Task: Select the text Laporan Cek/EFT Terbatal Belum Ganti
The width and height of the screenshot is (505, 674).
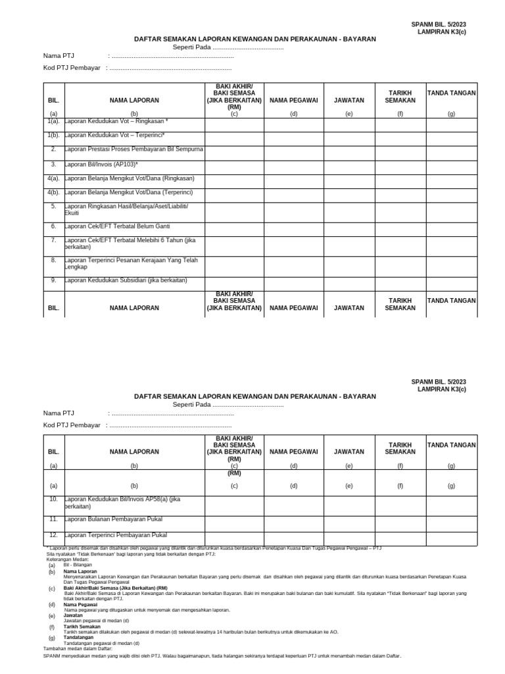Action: [x=117, y=226]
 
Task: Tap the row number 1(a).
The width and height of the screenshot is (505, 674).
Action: [x=54, y=121]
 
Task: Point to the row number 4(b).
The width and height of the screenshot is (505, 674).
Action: [x=54, y=192]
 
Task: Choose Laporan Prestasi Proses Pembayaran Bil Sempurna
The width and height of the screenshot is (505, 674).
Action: [x=134, y=149]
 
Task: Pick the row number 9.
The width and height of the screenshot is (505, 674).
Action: [x=54, y=280]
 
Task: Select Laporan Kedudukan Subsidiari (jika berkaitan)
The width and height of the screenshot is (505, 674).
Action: [x=126, y=280]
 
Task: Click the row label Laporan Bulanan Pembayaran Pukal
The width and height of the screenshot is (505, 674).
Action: [x=113, y=519]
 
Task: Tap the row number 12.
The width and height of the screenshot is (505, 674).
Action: [x=54, y=534]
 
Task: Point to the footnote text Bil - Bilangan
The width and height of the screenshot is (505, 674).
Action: [x=78, y=565]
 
